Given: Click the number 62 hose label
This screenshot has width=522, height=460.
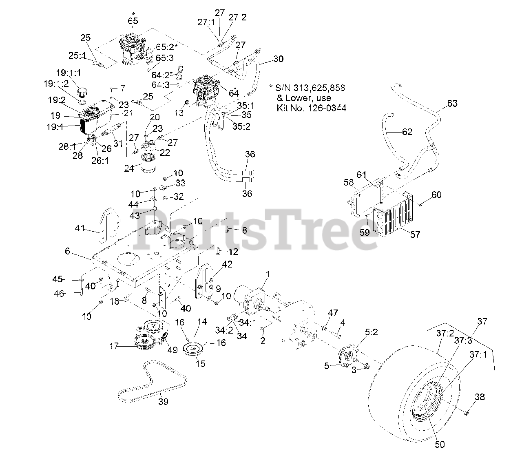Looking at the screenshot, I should pos(407,131).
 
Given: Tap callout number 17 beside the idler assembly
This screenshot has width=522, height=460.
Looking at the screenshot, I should pos(113,346).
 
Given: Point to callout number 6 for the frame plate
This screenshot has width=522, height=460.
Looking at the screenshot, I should pos(68,252).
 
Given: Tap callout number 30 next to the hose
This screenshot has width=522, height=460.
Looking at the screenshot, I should pos(278,59).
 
